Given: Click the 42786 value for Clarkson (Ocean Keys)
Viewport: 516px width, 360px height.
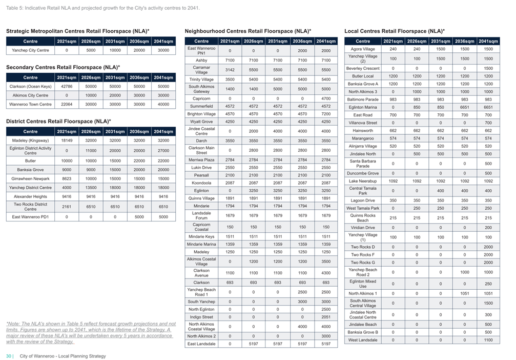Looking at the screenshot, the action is point(67,86).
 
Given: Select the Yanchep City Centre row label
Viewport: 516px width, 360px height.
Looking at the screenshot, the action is point(30,50).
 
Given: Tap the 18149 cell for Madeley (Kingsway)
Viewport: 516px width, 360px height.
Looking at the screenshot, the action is point(67,141).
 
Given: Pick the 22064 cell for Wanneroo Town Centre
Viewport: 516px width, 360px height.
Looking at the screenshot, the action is point(67,104).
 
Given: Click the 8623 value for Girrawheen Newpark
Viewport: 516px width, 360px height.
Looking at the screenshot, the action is point(67,178).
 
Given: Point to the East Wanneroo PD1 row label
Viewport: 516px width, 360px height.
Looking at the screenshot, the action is point(30,217).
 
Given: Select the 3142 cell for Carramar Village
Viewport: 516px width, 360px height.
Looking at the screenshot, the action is point(230,70).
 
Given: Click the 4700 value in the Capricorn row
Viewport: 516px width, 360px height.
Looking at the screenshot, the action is point(326,98).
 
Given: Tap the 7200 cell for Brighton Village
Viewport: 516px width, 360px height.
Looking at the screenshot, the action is point(326,114).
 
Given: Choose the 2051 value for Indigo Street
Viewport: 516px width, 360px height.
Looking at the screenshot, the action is point(326,317).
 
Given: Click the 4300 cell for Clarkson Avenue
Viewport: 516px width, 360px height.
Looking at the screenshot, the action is point(326,273).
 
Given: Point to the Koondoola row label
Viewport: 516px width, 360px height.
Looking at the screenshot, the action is point(201,183).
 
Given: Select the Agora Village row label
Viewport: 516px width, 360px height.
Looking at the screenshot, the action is point(363,49).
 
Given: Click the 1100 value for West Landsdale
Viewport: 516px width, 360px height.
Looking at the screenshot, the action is point(488,340).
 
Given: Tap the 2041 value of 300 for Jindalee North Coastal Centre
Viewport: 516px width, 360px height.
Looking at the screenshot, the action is point(488,314).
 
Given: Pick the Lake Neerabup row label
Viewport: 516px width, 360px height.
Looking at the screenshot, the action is point(363,181).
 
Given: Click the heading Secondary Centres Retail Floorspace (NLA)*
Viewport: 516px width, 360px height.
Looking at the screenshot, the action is point(63,67).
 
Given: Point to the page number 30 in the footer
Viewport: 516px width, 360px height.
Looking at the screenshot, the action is point(9,356).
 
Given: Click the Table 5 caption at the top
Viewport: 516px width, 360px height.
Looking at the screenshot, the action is point(102,8).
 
